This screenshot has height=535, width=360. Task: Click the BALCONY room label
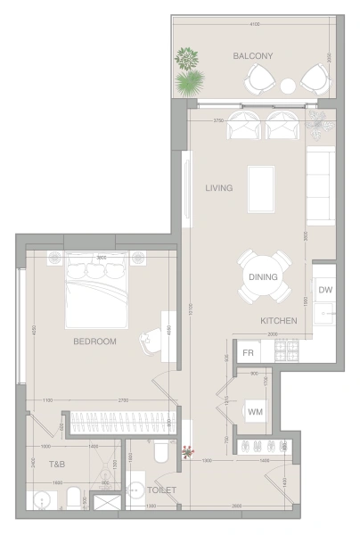[252, 55]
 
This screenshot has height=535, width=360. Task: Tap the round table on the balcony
[288, 86]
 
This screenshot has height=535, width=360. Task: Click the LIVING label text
[218, 188]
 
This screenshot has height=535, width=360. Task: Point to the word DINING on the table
[264, 276]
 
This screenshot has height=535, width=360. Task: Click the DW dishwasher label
[324, 290]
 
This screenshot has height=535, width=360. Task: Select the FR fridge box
[250, 353]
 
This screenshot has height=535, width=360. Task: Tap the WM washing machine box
[255, 411]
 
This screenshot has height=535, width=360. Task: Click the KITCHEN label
[278, 319]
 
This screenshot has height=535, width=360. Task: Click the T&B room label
[56, 465]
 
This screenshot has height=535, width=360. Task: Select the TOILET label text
[163, 490]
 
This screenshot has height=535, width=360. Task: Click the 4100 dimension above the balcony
[255, 24]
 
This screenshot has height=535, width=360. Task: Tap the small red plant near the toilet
[187, 453]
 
